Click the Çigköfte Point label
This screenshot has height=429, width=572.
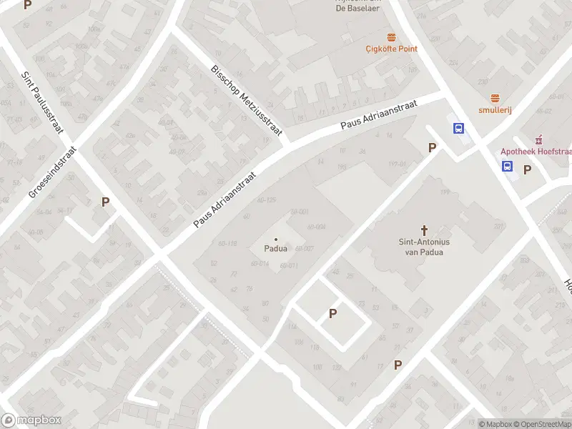391,49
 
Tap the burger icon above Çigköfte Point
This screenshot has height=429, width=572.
391,36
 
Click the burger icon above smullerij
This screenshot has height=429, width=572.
494,98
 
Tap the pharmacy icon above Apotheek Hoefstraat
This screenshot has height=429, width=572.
539,139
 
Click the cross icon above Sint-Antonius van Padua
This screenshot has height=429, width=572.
425,230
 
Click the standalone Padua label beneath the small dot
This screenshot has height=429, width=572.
276,249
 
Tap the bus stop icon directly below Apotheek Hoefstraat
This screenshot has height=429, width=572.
507,167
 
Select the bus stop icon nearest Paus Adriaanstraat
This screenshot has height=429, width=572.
458,129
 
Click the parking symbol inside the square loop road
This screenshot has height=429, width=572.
332,313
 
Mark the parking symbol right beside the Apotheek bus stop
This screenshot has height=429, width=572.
528,169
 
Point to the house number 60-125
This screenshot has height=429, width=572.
265,199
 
